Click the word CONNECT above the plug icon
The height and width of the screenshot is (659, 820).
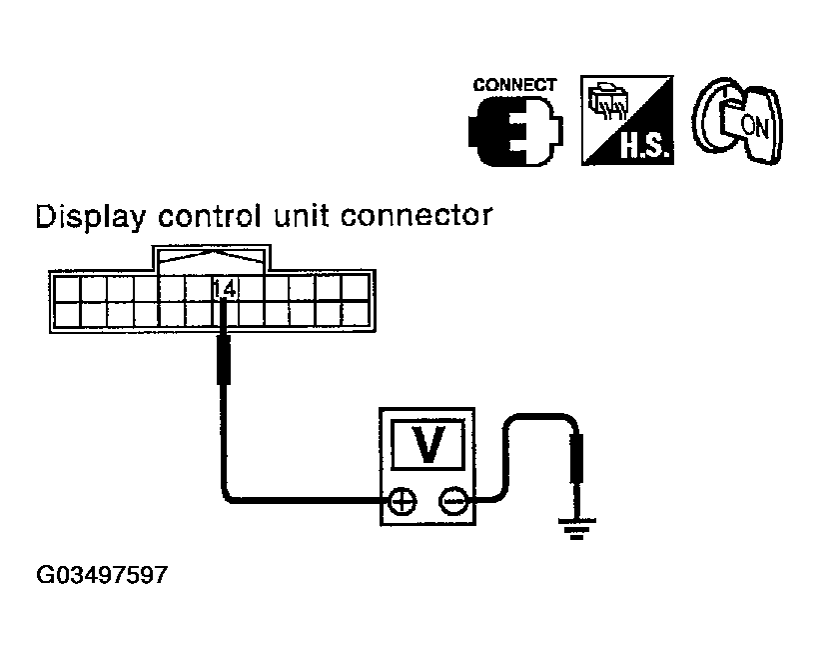coord(514,85)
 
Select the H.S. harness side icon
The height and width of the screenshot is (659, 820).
coord(627,120)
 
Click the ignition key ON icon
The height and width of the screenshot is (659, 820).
coord(738,120)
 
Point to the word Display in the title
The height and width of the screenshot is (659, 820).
coord(91,216)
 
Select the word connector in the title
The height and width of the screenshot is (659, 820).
coord(416,216)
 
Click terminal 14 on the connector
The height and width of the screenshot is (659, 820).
coord(226,288)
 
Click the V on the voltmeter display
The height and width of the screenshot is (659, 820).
coord(428,444)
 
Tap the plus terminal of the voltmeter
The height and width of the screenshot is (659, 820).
coord(403,502)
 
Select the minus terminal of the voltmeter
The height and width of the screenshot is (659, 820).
coord(452,502)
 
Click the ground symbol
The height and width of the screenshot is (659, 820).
coord(577,528)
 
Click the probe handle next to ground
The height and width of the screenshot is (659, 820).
coord(577,459)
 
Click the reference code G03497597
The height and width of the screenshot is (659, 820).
coord(102,575)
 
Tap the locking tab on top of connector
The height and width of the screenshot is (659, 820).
coord(212,258)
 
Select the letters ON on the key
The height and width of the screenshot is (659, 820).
coord(755,127)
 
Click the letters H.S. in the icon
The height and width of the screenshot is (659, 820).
coord(644,147)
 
